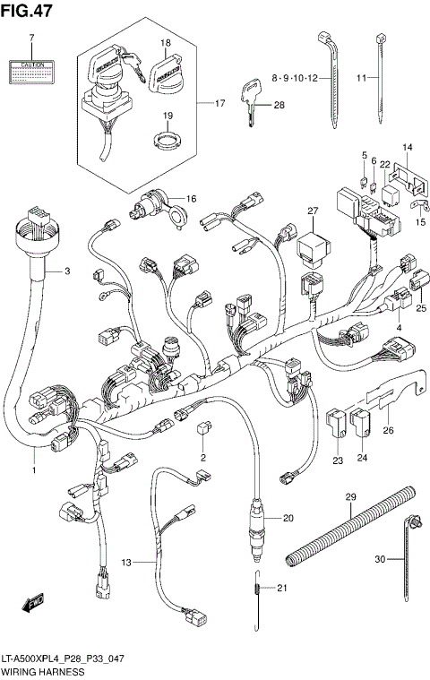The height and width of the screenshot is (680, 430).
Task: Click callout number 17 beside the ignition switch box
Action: coord(219,104)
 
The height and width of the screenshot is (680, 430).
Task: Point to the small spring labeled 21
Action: coord(257,588)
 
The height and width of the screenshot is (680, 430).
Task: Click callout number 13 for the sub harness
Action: coord(126,562)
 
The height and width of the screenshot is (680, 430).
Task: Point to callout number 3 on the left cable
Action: coord(65,271)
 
